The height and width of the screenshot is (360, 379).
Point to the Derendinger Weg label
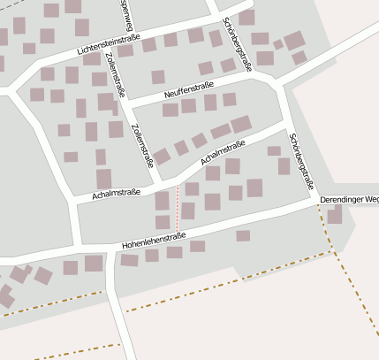pyautogui.click(x=349, y=202)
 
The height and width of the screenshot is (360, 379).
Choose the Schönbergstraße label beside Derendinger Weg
pyautogui.click(x=303, y=164)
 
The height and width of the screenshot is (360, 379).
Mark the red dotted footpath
pyautogui.click(x=178, y=208)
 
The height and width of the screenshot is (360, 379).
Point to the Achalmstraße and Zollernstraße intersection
pyautogui.click(x=158, y=182)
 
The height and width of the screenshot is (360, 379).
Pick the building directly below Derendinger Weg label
pyautogui.click(x=335, y=216)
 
